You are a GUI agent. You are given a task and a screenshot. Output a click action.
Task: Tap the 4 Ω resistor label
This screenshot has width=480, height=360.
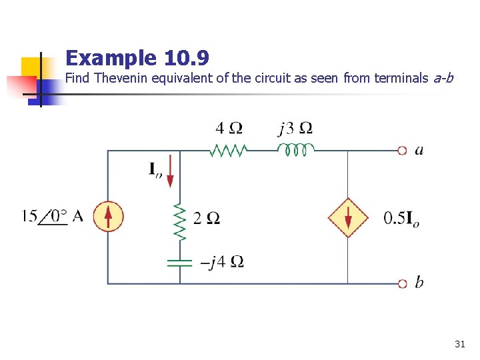point(229,127)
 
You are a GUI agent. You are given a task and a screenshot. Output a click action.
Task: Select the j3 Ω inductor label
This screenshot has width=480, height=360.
point(295,127)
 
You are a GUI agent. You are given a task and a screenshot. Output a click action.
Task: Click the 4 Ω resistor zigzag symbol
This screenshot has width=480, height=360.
point(229,151)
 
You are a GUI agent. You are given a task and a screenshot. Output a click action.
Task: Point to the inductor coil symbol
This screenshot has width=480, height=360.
point(295,150)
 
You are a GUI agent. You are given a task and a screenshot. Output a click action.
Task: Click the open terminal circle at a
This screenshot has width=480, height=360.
point(402,151)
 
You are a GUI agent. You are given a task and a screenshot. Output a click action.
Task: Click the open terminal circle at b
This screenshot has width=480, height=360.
point(402,284)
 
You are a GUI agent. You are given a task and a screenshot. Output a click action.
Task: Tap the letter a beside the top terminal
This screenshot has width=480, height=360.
point(419,150)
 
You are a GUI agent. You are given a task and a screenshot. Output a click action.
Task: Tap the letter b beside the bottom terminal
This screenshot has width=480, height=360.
point(419,283)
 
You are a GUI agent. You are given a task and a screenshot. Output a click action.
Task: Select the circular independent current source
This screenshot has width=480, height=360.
point(108,217)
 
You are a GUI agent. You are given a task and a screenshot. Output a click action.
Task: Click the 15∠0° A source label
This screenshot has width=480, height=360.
point(53,216)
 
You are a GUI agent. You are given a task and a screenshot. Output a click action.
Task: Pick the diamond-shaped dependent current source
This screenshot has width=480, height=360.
point(347,217)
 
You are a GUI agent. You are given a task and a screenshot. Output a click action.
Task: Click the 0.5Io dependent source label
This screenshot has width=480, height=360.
point(401,218)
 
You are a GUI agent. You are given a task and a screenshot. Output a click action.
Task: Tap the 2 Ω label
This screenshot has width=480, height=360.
point(206,218)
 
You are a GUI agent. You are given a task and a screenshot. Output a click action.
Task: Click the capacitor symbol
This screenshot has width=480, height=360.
point(179,261)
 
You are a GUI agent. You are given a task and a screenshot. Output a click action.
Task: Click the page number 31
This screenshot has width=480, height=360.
point(459,344)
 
